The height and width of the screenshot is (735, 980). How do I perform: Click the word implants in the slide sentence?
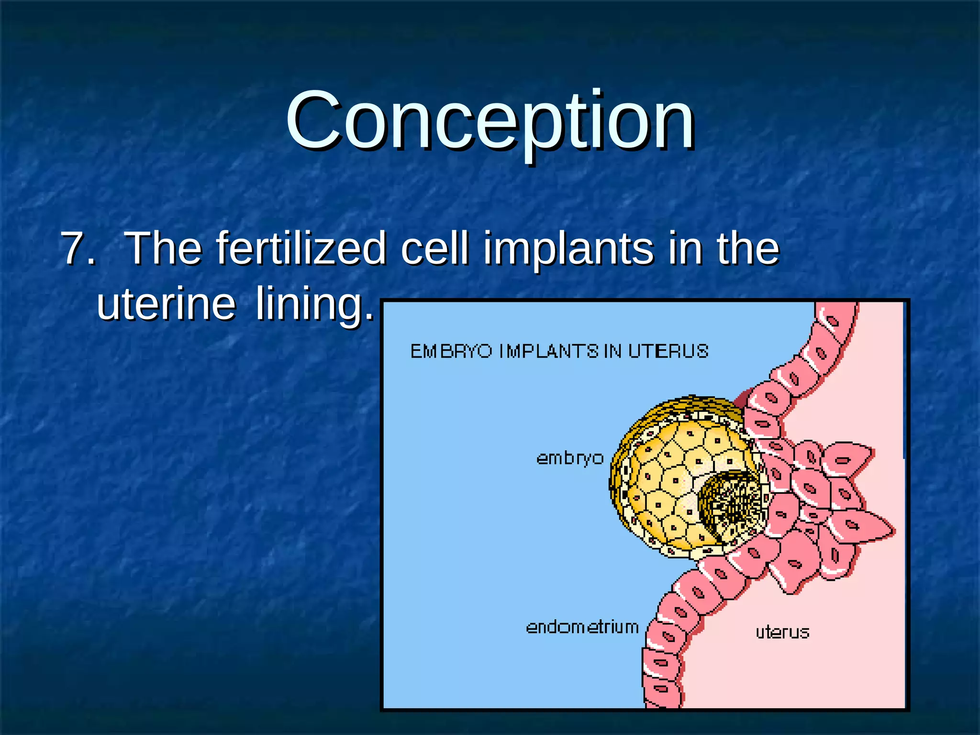click(568, 249)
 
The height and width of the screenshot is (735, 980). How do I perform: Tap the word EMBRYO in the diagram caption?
click(451, 352)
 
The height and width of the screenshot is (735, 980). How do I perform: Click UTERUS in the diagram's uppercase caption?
click(668, 352)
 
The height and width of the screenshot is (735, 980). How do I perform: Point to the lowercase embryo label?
click(569, 458)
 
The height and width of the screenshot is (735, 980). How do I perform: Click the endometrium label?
click(582, 627)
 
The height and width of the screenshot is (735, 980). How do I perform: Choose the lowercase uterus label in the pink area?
click(782, 633)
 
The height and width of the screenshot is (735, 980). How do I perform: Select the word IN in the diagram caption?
click(612, 352)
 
